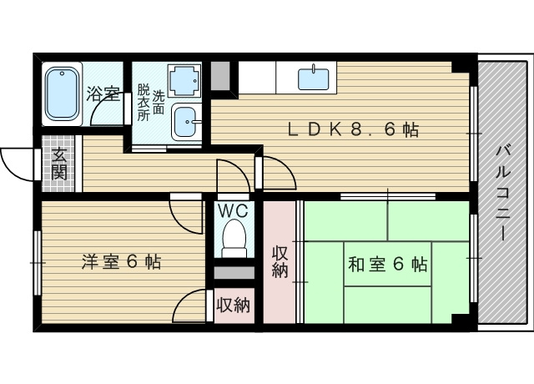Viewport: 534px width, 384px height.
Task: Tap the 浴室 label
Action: click(x=103, y=93)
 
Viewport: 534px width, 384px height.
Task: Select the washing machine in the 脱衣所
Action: click(x=184, y=82)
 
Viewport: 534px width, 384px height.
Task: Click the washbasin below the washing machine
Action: click(x=184, y=121)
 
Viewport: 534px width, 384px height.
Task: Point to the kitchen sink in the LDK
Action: click(x=315, y=79)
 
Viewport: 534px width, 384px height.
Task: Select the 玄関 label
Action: click(x=58, y=164)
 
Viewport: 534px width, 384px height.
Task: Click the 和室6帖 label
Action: click(x=387, y=265)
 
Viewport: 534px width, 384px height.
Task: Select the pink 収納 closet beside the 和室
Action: click(x=280, y=261)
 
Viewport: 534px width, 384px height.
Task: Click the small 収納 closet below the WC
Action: click(x=233, y=305)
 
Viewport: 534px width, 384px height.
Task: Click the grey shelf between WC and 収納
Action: click(x=234, y=273)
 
